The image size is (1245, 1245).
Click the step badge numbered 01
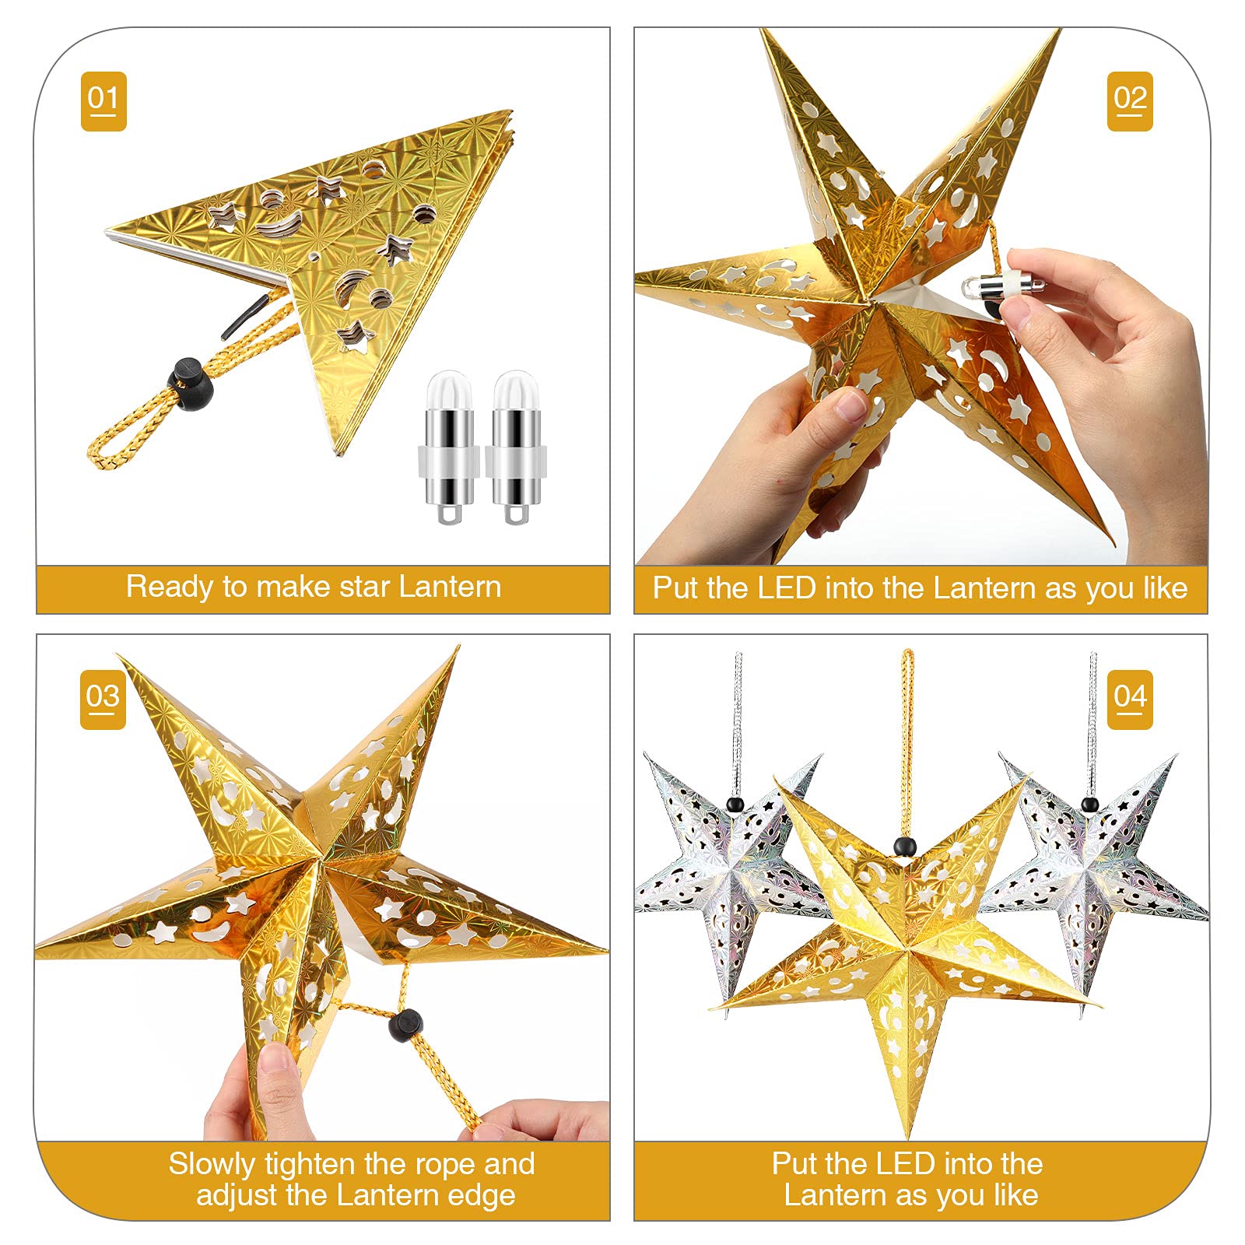coord(103,101)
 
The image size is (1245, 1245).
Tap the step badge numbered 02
coord(1130,101)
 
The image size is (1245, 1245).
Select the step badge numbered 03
coord(103,700)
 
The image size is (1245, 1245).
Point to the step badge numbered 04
coord(1130,700)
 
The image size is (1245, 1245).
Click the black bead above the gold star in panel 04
coord(903,846)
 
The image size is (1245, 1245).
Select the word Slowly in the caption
coord(212,1165)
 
